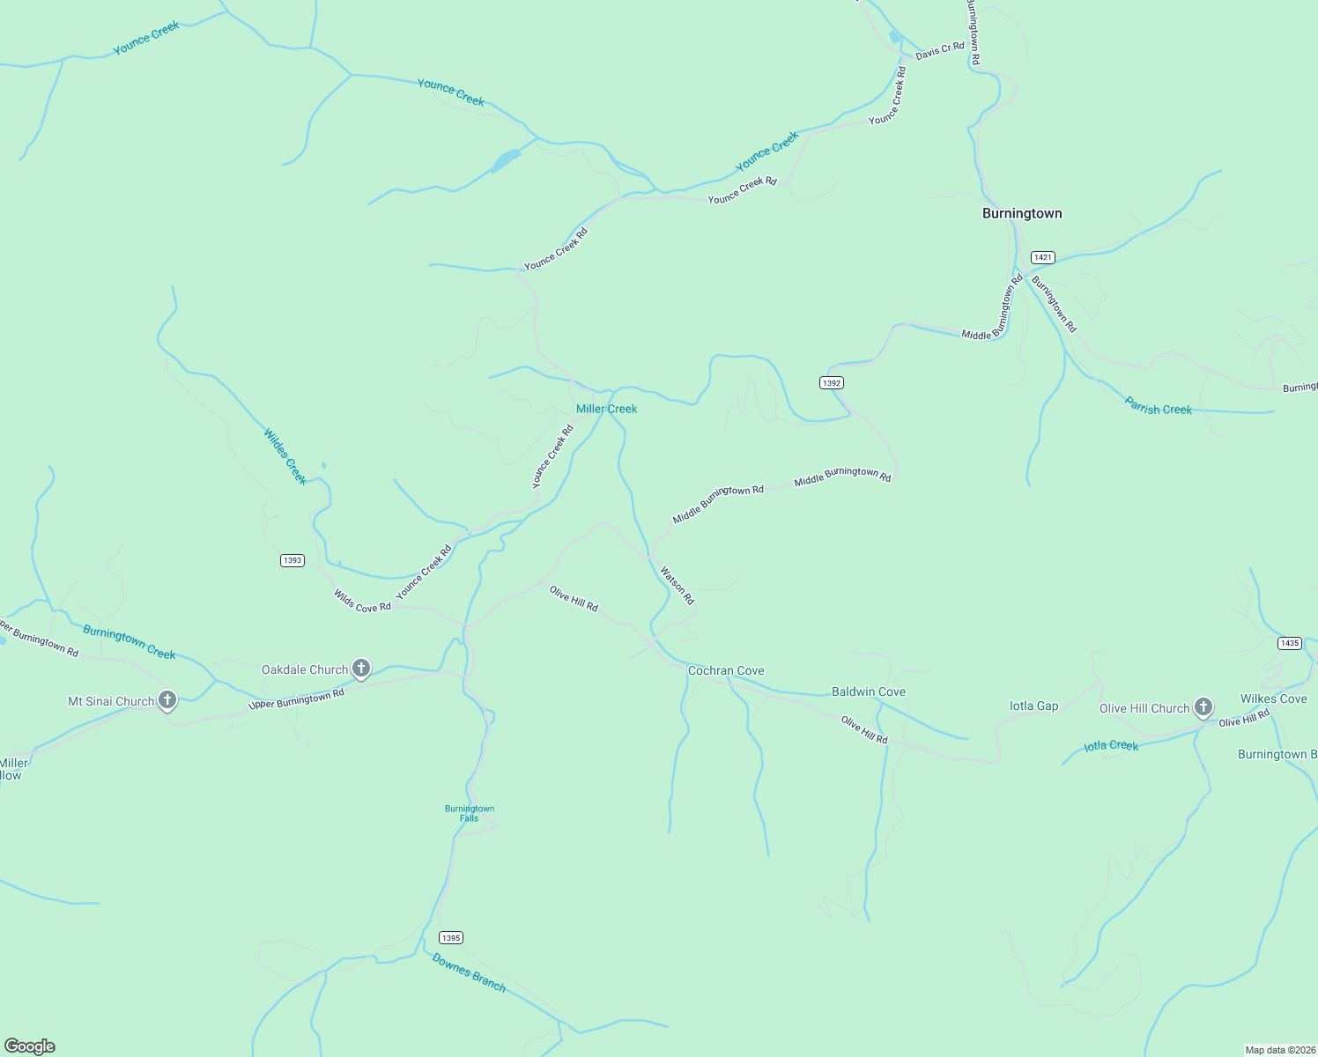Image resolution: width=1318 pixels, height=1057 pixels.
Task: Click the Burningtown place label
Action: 1022,213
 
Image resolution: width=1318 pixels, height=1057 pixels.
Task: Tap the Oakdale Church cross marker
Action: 360,669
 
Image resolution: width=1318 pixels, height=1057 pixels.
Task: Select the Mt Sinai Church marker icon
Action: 167,701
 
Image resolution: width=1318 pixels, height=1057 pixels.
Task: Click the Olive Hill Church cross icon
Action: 1203,707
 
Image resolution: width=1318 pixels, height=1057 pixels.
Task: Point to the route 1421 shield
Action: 1042,257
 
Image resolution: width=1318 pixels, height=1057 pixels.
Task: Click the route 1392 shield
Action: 831,382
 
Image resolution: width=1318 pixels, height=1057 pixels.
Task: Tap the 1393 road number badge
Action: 292,560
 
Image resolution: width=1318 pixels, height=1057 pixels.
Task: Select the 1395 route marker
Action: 450,938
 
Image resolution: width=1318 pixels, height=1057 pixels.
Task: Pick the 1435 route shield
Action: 1290,643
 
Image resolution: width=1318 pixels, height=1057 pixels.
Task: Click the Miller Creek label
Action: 606,409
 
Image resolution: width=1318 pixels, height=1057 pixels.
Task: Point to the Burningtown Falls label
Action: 470,813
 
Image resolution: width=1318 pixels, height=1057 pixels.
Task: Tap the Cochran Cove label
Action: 726,670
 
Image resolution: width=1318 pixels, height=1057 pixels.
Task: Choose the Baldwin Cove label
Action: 869,691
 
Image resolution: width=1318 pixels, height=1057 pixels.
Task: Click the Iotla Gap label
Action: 1033,706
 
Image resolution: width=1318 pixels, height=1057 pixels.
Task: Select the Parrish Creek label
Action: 1158,406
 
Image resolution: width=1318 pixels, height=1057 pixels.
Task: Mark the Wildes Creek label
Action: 285,456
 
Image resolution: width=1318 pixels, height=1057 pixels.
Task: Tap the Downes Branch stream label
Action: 469,972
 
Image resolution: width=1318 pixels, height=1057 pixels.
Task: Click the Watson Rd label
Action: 678,586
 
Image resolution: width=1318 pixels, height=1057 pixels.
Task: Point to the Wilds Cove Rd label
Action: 362,602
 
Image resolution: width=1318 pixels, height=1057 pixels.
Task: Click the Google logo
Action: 30,1046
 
